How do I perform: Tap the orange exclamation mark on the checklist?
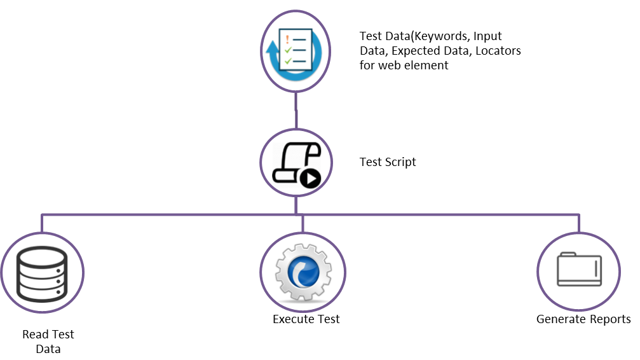pos(287,39)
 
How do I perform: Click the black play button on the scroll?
pos(311,178)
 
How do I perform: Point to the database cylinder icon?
pos(42,273)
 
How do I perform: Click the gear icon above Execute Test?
pos(303,272)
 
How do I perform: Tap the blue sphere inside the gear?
pos(303,272)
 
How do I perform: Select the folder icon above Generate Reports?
pos(580,269)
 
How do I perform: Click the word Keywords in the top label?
pos(441,36)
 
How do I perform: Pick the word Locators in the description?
pos(498,51)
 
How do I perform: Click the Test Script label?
pos(388,162)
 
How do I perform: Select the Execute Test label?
pos(306,319)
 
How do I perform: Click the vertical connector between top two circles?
pos(296,110)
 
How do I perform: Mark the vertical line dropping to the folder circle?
pos(579,224)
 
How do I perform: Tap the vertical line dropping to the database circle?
pos(42,224)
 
